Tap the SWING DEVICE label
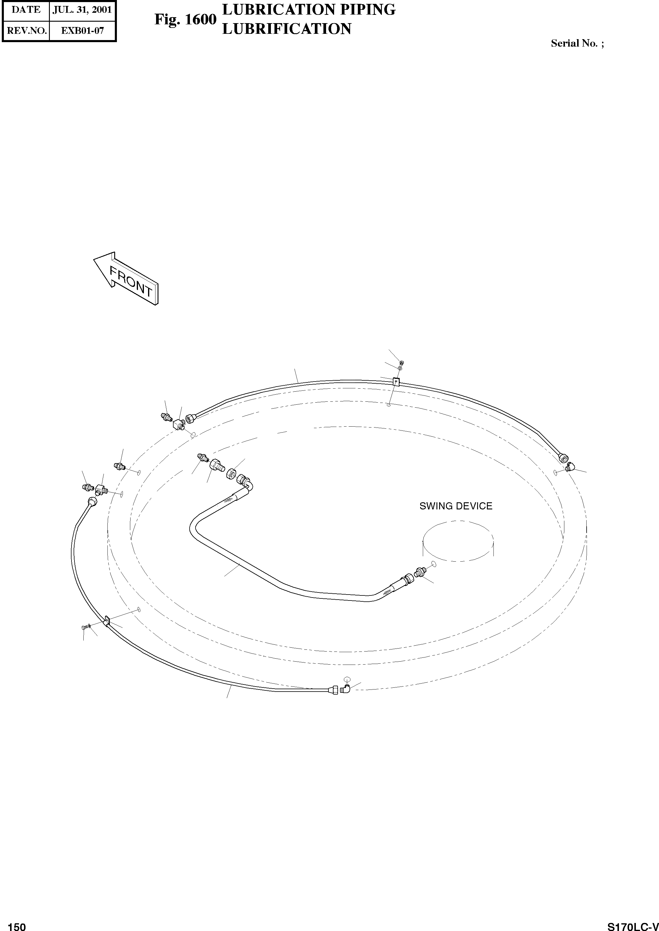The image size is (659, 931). pos(456,506)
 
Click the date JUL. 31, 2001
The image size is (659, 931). pos(82,10)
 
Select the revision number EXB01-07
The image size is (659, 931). pos(82,31)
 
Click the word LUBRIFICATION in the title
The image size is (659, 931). pos(287,29)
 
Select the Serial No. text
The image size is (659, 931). pos(577,43)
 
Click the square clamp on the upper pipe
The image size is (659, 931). pos(396,382)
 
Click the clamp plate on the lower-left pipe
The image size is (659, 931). pos(107,621)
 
